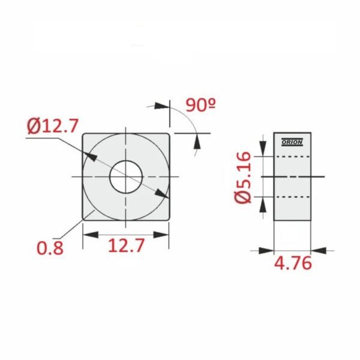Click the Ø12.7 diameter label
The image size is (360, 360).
click(x=53, y=126)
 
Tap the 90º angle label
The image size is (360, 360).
click(x=201, y=105)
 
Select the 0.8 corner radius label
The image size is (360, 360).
click(x=50, y=248)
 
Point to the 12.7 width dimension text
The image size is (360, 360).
click(x=126, y=245)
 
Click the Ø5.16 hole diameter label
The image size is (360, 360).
click(x=243, y=177)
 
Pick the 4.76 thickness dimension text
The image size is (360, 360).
click(x=293, y=263)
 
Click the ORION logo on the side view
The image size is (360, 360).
click(x=292, y=142)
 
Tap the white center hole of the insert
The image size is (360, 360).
click(x=126, y=177)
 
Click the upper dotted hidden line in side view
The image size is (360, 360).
click(x=292, y=157)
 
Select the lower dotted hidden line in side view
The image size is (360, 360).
click(x=292, y=197)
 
